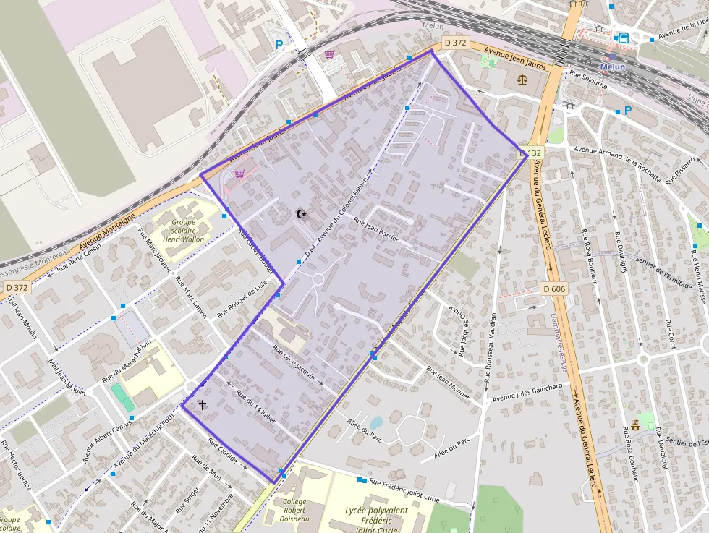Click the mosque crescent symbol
point(301,213)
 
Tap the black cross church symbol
point(203,405)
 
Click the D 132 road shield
point(531,153)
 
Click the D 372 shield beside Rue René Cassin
point(17,287)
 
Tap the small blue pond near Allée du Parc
point(375,422)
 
